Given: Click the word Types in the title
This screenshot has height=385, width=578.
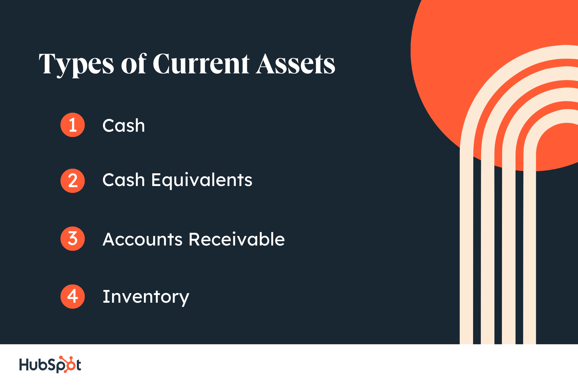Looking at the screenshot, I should coord(76,64).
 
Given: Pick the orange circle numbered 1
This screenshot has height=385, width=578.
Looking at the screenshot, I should coord(73,125).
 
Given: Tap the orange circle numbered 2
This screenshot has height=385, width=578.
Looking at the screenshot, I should coord(73,181).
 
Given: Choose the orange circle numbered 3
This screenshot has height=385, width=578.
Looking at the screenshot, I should coord(73,239).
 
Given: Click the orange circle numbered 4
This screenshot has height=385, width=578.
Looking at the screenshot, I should coord(73,296).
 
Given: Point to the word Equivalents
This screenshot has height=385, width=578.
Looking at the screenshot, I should coord(202,180).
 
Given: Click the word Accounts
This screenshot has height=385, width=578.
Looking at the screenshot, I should coord(142,239).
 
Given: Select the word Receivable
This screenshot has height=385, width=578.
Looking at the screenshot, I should coord(237,239).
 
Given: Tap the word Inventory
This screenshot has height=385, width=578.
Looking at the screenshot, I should coord(146,297).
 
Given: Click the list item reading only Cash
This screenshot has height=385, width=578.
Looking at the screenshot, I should coord(124,126).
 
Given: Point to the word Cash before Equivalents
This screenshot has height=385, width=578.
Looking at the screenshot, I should coord(124,180).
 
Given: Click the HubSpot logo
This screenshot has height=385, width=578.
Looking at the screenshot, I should coord(50,364).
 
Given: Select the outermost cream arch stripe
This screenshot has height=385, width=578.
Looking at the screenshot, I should coord(466,231).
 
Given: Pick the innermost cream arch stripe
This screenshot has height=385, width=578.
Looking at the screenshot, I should coord(529,231).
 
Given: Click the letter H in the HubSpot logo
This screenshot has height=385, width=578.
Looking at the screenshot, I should coord(24,364).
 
